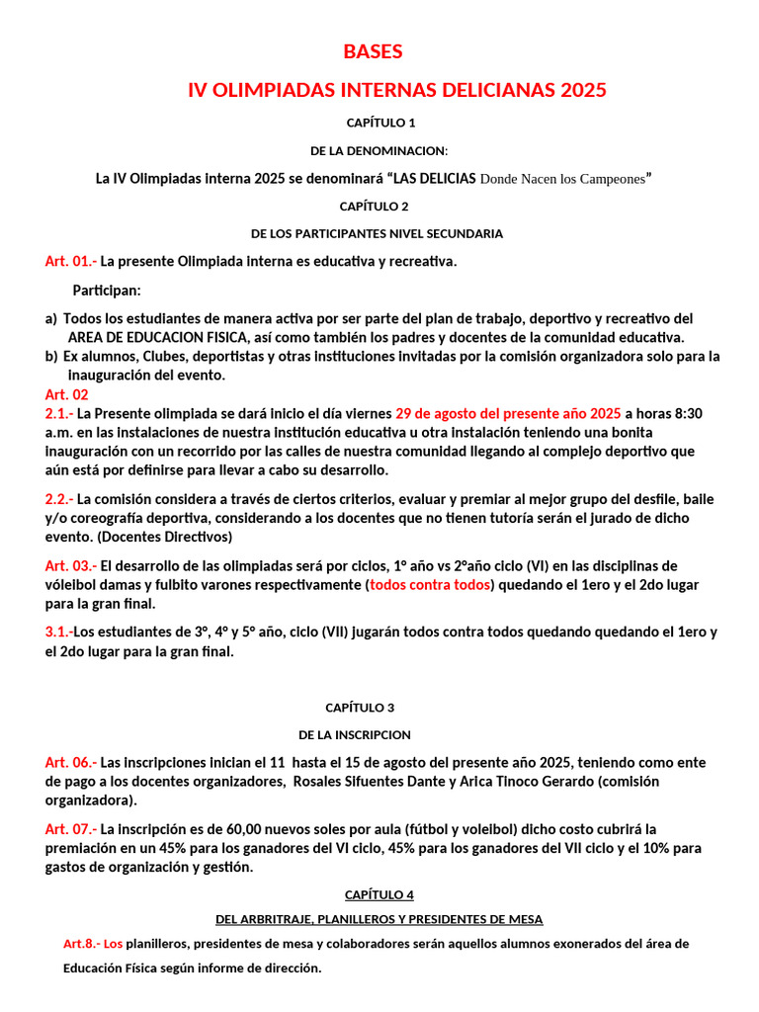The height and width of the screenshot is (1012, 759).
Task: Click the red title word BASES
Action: pos(373,51)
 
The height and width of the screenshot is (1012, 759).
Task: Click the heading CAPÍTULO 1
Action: pos(380,123)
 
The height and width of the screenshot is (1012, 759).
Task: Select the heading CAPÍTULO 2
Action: pos(375,207)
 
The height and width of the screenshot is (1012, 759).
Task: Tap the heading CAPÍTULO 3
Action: pos(360,708)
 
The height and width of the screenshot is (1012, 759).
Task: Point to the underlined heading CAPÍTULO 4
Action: pos(379,894)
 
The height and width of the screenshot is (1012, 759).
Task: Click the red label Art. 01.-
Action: pos(71,262)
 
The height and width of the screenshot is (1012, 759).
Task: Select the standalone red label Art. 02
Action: pos(67,394)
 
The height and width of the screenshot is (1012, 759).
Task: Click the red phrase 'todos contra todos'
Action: pos(431,585)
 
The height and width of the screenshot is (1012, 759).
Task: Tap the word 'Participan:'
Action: pos(107,291)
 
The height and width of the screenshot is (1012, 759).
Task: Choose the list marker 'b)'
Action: pos(51,356)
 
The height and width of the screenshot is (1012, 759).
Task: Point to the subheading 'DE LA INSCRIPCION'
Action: pos(355,735)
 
